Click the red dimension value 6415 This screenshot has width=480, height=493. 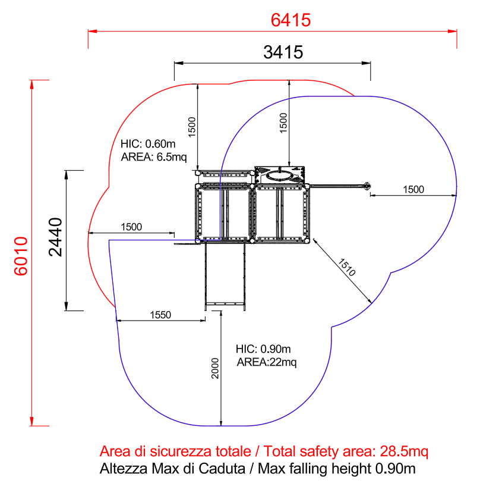290,20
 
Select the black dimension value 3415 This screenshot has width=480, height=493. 283,52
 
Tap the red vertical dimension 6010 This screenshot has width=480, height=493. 21,256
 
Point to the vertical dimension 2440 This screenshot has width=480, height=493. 56,237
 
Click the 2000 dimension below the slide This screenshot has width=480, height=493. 215,368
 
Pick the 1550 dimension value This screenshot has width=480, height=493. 160,315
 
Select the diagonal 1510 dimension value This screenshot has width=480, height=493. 347,267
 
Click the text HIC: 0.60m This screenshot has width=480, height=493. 148,144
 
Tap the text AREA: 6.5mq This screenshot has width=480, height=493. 154,156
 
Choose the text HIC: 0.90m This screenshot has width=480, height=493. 263,349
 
